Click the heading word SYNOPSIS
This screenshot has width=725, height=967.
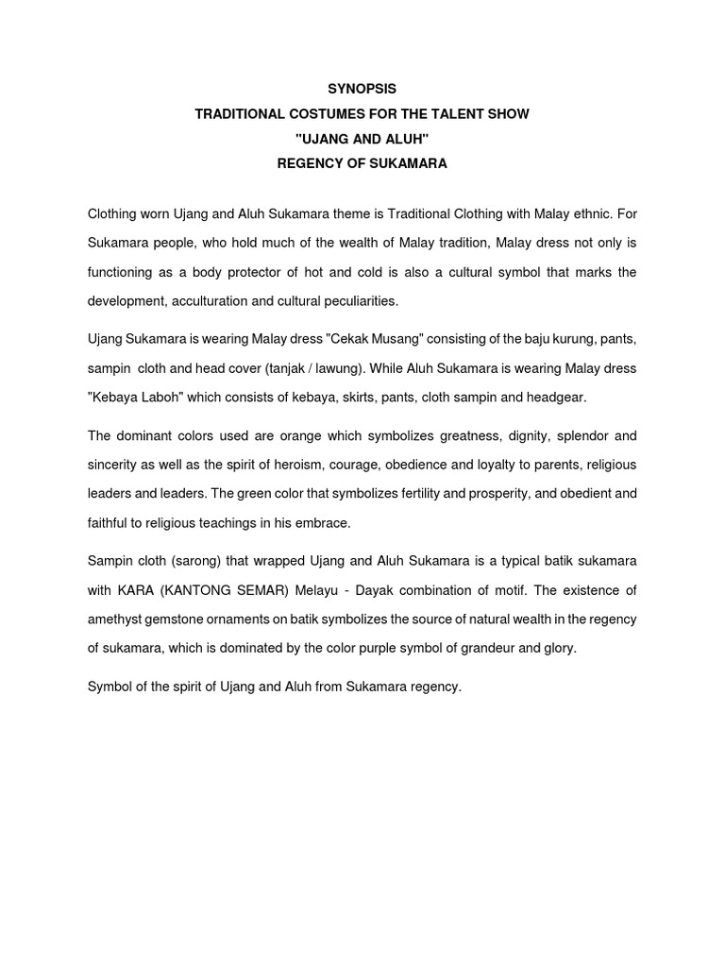coord(362,89)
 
